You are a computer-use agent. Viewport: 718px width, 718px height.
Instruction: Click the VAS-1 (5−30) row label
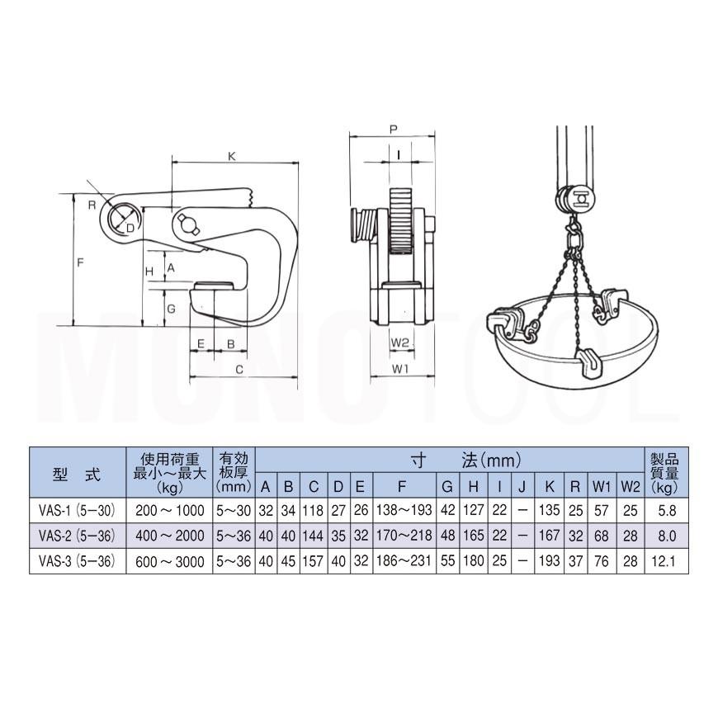click(x=77, y=510)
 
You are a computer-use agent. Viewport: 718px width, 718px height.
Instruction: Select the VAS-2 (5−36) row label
click(x=77, y=536)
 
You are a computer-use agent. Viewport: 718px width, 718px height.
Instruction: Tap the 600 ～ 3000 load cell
click(x=169, y=561)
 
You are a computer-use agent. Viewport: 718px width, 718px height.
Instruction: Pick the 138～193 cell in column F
click(x=404, y=510)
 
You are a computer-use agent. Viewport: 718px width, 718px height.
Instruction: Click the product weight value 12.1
click(x=666, y=561)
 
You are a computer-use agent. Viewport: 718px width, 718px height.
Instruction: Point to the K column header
click(x=549, y=486)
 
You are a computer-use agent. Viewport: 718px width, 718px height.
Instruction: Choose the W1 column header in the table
click(x=602, y=486)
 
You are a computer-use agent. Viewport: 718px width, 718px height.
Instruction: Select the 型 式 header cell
click(x=77, y=475)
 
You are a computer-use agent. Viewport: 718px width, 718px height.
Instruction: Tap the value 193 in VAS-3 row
click(x=549, y=561)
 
